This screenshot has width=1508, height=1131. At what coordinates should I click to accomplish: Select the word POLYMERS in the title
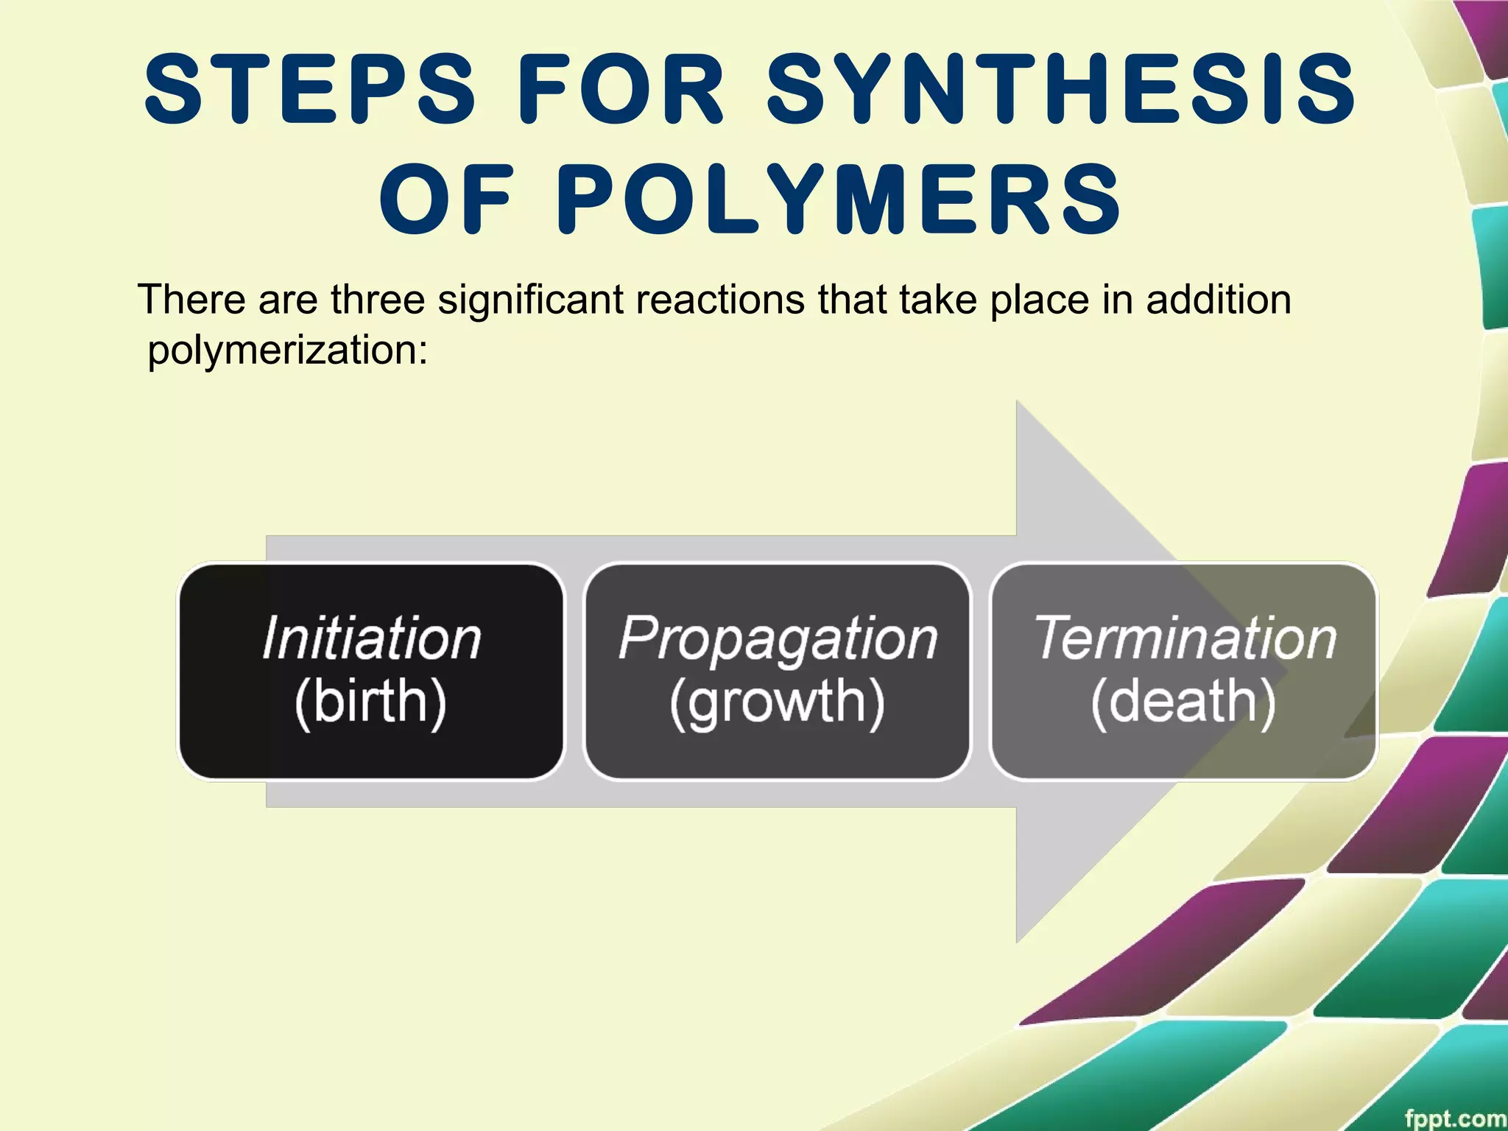838,200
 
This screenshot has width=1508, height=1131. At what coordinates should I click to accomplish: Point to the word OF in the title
445,200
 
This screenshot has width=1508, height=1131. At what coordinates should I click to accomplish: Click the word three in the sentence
378,300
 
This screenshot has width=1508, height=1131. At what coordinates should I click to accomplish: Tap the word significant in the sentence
531,300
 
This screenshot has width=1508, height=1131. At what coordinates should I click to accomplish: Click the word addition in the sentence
1218,300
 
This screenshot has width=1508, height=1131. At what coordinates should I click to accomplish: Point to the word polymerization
287,350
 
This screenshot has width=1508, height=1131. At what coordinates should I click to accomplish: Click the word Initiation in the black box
372,638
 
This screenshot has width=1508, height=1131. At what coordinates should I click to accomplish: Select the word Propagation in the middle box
778,638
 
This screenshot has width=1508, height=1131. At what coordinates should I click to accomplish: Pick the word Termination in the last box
1185,638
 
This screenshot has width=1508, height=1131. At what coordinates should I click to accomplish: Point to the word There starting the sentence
192,300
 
